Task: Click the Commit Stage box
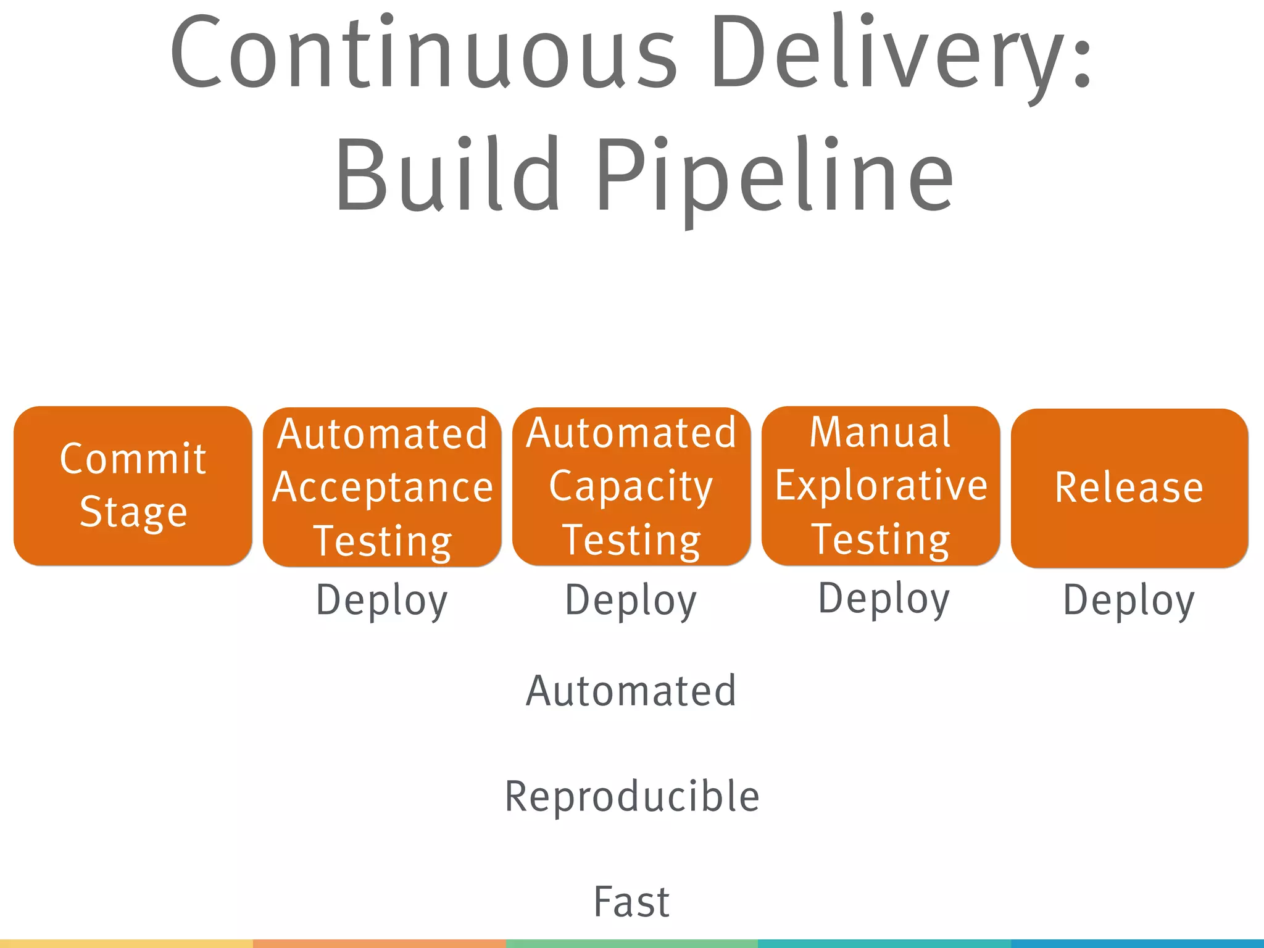pos(133,486)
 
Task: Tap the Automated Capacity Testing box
pos(631,486)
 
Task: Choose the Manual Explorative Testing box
pos(881,486)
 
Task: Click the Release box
pos(1129,488)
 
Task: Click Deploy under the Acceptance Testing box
pos(382,600)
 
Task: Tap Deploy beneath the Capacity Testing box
pos(631,600)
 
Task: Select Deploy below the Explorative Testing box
pos(884,598)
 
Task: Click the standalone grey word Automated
pos(631,691)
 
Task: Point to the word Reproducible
pos(632,796)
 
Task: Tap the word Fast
pos(631,902)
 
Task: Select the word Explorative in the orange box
pos(881,485)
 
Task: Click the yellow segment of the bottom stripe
pos(126,944)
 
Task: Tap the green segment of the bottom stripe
pos(631,944)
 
